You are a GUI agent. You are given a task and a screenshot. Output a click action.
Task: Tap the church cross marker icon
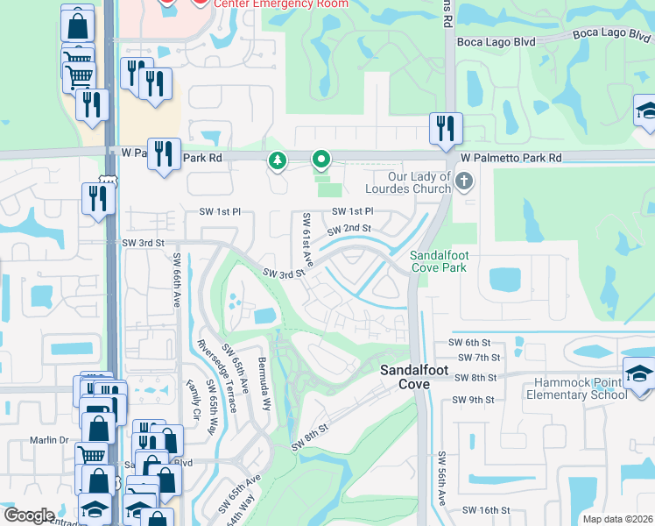464,181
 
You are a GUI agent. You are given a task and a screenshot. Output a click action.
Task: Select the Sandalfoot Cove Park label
439,261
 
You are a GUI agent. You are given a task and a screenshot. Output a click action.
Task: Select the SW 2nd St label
349,230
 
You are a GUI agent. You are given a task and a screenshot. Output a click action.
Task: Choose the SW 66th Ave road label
176,279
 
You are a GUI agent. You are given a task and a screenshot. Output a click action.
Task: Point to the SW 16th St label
482,510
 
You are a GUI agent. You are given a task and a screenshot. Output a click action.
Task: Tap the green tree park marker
278,160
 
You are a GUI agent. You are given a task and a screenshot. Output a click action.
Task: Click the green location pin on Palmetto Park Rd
321,160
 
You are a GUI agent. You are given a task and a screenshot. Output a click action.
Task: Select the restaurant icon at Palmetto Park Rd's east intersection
446,128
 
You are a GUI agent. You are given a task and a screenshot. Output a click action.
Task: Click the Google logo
28,515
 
